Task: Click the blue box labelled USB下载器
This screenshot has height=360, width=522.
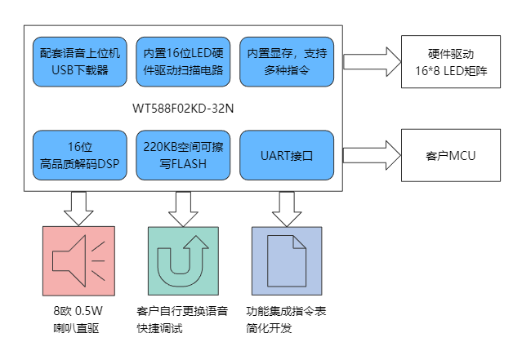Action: point(79,61)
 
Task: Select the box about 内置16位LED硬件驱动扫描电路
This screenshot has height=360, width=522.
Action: point(183,61)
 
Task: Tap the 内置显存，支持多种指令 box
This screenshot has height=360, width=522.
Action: point(287,61)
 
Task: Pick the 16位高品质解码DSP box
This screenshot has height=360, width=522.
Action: point(79,154)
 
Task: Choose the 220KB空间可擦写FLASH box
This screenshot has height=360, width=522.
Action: point(183,154)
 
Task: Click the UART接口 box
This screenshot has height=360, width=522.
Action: point(287,154)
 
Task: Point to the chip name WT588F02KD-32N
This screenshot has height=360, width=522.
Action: point(182,108)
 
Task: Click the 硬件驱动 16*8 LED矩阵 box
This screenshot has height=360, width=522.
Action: point(450,62)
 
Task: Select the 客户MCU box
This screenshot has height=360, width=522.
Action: point(450,153)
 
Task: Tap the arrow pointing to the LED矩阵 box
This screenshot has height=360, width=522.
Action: point(372,62)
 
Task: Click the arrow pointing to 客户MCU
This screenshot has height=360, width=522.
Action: point(372,153)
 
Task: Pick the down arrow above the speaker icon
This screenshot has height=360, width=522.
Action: point(79,208)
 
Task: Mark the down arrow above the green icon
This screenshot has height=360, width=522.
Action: point(183,208)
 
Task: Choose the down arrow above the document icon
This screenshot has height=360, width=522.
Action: point(287,208)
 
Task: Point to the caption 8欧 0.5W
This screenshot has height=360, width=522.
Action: point(78,311)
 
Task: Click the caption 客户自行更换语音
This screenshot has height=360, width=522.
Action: point(182,311)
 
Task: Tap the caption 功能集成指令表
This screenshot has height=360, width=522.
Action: point(286,311)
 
